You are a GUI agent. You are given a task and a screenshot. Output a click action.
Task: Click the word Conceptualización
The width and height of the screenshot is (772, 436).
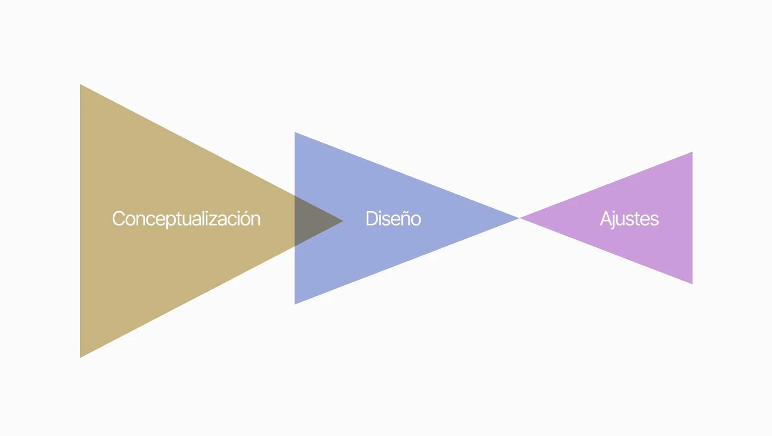coord(186,219)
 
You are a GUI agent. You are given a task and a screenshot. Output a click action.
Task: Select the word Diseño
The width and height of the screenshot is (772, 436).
coord(393,219)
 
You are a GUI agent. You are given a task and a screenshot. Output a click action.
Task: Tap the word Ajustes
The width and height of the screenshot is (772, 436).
coord(629,219)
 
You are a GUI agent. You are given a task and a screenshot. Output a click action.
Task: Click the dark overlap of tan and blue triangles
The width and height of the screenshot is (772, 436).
coord(312,220)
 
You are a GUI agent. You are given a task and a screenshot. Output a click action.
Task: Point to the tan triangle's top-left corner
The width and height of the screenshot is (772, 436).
coord(81,85)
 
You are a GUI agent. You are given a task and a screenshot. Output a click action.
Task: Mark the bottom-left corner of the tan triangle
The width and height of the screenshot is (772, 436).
coord(81,356)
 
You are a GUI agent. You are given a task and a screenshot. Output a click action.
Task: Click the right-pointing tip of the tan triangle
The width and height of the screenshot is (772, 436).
coord(342,221)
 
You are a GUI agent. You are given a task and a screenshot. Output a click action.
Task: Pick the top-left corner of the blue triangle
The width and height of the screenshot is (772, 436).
coord(295,133)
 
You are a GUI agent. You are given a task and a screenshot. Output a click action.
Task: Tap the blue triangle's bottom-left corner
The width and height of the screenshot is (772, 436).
coord(295,303)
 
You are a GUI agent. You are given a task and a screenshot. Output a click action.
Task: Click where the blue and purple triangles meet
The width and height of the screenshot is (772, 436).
coord(519,218)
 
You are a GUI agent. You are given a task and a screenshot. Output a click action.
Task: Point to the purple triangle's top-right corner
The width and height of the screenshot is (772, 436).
coord(691,153)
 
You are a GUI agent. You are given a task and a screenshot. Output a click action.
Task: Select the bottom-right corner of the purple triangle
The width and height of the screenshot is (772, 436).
coord(691,283)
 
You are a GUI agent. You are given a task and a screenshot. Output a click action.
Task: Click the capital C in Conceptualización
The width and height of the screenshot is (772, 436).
coord(118,219)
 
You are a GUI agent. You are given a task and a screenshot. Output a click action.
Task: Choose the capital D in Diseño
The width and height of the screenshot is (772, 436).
coord(371,219)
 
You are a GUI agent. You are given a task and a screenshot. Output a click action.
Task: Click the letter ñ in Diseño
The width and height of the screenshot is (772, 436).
coord(404,219)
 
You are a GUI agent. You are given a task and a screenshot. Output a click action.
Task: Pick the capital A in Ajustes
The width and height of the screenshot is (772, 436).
coord(605,219)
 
